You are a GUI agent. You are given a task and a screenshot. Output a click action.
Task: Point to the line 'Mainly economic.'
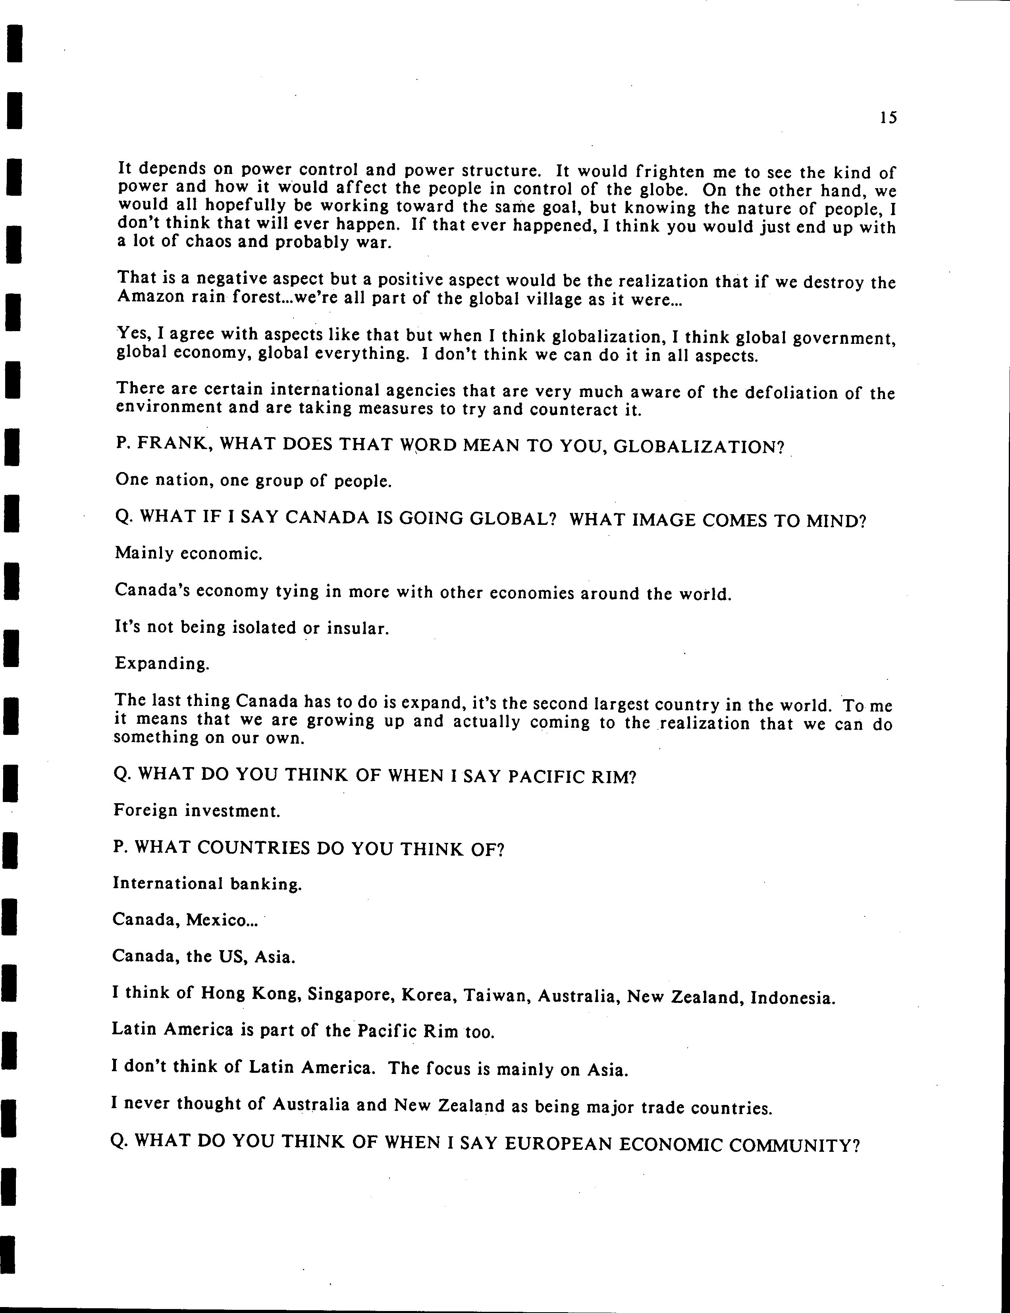click(x=188, y=553)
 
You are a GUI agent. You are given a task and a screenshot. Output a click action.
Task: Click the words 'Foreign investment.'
click(x=197, y=811)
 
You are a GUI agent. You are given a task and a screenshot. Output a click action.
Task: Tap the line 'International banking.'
click(x=207, y=884)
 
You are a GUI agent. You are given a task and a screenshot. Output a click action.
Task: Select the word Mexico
click(x=221, y=920)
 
